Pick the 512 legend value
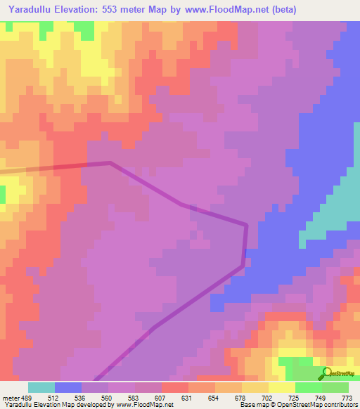point(54,397)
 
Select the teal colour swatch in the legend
point(41,387)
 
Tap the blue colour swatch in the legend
point(68,387)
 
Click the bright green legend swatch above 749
point(309,387)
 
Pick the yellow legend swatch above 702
point(255,387)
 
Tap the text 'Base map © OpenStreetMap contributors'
point(297,405)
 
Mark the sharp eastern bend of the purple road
point(246,226)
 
